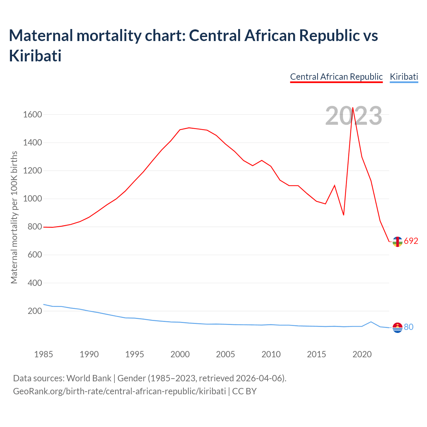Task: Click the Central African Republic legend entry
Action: [x=336, y=77]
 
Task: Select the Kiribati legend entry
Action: [x=404, y=77]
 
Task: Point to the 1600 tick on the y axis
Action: [x=32, y=115]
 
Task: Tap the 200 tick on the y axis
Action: [x=35, y=311]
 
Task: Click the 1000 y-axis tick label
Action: [x=32, y=199]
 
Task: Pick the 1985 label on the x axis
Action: [x=44, y=354]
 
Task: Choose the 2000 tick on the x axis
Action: [x=180, y=354]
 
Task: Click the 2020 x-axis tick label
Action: [x=362, y=354]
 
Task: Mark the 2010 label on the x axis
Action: [x=271, y=354]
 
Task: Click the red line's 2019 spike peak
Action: [x=353, y=108]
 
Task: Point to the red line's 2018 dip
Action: [x=344, y=215]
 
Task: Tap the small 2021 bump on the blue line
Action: [x=371, y=322]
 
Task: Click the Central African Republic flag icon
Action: [x=397, y=242]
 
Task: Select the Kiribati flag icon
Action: [x=397, y=328]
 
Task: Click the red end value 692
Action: [x=411, y=241]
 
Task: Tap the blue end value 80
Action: [x=409, y=327]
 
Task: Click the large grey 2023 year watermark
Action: [x=354, y=116]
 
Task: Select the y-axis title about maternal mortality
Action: [x=14, y=218]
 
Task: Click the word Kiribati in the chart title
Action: [x=35, y=56]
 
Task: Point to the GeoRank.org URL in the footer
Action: [x=119, y=391]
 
